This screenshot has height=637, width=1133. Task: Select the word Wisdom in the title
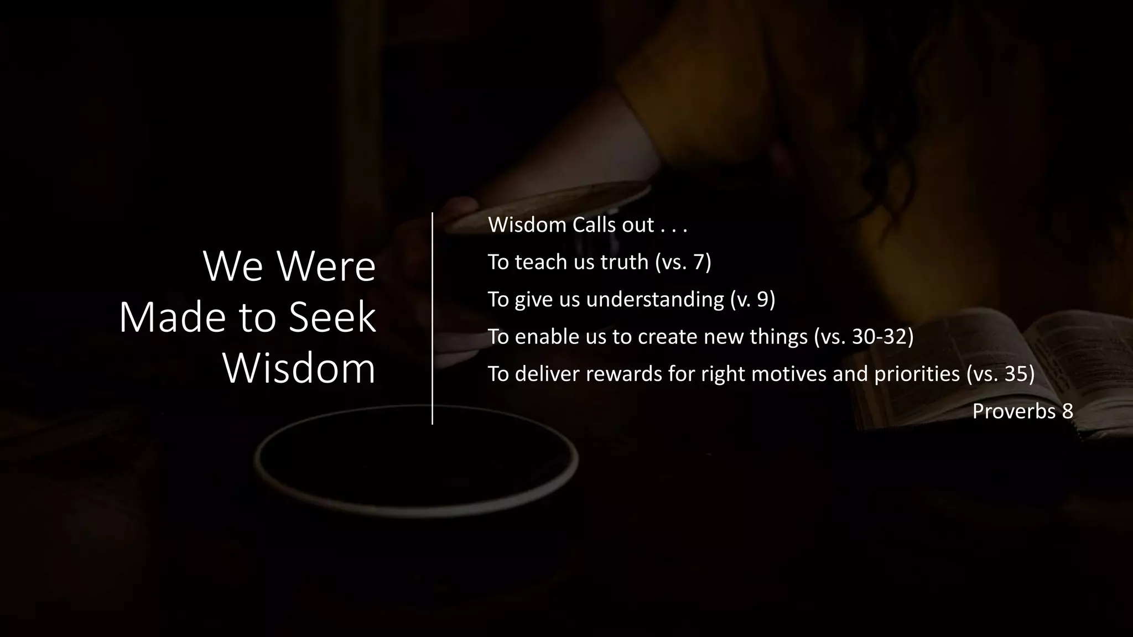tap(299, 369)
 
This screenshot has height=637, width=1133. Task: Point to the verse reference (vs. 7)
tap(683, 262)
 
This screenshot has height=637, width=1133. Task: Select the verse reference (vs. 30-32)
tap(864, 336)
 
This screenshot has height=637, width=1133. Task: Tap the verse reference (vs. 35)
tap(1000, 374)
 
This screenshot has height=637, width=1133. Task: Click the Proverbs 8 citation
tap(1022, 411)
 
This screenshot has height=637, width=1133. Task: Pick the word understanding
tap(655, 299)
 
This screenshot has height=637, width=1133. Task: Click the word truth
tap(624, 262)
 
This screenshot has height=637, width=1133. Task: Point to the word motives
tap(789, 374)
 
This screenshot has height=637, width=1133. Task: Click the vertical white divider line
tap(432, 318)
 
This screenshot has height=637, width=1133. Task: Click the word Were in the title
tap(326, 267)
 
